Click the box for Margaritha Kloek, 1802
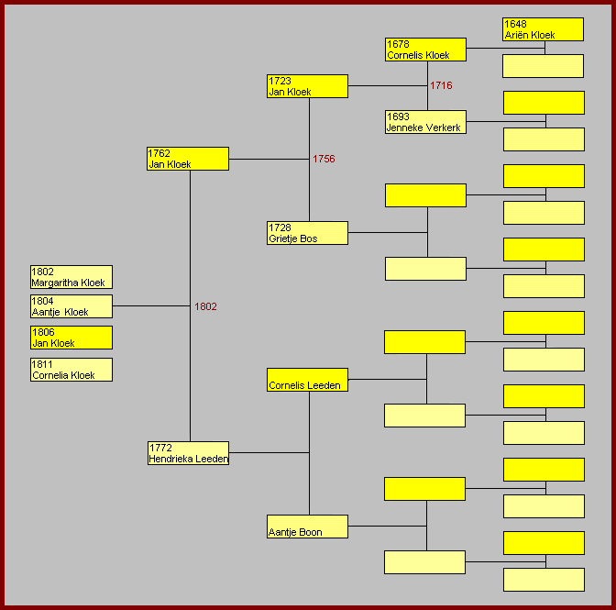[x=71, y=277]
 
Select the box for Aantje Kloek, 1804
[x=71, y=306]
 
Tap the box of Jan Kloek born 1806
[x=71, y=338]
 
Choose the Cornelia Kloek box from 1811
[x=71, y=370]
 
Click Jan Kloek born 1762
[x=188, y=159]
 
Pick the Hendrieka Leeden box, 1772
[x=188, y=453]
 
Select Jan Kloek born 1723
[x=307, y=86]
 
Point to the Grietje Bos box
[x=307, y=233]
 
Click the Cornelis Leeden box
[x=307, y=380]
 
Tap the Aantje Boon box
[x=307, y=527]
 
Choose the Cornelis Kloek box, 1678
[x=425, y=50]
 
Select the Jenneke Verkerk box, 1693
[x=425, y=122]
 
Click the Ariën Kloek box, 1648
[x=543, y=29]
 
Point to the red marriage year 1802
[x=205, y=306]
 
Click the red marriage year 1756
[x=324, y=159]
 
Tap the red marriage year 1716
[x=441, y=85]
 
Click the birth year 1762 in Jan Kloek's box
[x=159, y=153]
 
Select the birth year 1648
[x=515, y=24]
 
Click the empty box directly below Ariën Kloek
[x=543, y=66]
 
